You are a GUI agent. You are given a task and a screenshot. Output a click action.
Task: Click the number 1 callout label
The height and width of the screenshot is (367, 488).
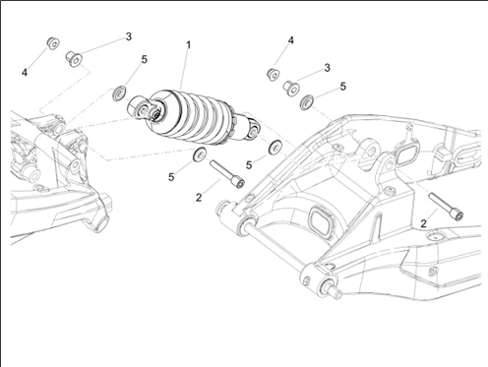[188, 45]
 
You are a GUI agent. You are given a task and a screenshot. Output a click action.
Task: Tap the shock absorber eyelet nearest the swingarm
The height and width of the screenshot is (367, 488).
[253, 131]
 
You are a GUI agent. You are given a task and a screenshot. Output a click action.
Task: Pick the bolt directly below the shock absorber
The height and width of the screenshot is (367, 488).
[227, 174]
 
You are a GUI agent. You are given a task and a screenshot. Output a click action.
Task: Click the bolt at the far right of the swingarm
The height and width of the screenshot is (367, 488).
[446, 207]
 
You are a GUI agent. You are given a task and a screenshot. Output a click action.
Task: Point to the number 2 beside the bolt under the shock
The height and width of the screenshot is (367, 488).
[199, 198]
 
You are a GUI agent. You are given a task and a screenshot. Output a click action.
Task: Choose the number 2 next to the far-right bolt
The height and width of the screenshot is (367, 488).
[424, 223]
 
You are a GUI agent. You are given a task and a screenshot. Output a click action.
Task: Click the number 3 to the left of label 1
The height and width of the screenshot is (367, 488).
[129, 36]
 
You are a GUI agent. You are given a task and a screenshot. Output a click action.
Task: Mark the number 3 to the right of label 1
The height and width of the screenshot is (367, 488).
[327, 68]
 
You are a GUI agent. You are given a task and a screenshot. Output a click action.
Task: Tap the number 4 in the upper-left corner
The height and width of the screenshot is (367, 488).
[25, 73]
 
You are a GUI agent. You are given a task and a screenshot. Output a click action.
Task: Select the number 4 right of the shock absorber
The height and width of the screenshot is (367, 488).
[291, 40]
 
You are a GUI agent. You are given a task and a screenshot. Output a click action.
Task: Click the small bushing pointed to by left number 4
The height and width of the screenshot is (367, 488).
[52, 43]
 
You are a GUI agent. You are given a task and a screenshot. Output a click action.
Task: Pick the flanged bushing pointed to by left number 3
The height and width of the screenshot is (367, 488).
[75, 59]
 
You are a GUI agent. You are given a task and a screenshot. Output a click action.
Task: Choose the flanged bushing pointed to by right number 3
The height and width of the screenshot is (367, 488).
[291, 88]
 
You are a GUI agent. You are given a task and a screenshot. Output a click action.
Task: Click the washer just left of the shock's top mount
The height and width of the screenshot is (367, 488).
[120, 93]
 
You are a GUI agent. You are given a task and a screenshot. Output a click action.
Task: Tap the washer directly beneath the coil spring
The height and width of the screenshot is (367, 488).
[200, 154]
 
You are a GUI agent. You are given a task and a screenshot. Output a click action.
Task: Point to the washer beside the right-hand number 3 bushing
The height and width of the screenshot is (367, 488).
[307, 102]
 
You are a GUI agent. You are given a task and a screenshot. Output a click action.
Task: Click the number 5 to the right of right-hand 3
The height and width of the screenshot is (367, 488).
[343, 87]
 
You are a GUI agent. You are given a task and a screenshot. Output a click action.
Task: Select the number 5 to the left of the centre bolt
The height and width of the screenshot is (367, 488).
[171, 177]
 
